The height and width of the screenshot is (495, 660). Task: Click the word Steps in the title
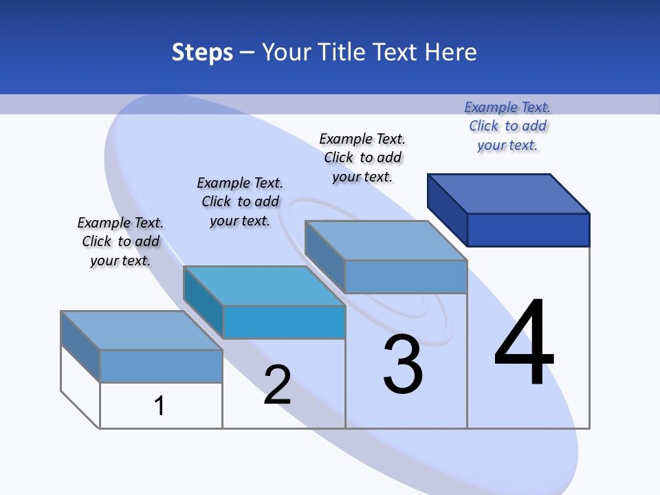[x=202, y=52]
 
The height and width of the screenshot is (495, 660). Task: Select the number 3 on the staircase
[x=403, y=364]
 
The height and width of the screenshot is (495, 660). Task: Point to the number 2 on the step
[x=278, y=385]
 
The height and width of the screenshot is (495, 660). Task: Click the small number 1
[x=159, y=406]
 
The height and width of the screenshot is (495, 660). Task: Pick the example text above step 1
[x=120, y=241]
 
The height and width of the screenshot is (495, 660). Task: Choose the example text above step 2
[x=240, y=201]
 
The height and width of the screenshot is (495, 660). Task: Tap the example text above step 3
[x=362, y=157]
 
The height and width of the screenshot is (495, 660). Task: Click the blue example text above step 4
[x=507, y=126]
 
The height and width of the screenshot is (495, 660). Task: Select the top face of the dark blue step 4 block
[x=509, y=193]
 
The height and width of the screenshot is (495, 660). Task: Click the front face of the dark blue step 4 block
[x=528, y=230]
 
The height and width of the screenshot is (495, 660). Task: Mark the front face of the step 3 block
[x=406, y=276]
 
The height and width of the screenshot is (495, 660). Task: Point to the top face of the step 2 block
[x=264, y=285]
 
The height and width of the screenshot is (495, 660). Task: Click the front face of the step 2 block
[x=283, y=322]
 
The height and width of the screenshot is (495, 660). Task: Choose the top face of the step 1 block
[x=142, y=330]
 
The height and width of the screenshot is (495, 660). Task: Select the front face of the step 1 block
[x=161, y=366]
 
